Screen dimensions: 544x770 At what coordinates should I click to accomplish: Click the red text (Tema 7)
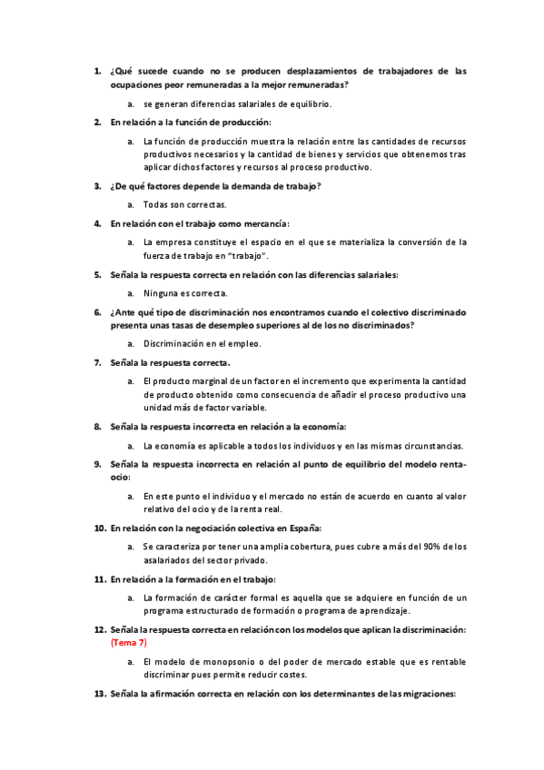click(x=128, y=642)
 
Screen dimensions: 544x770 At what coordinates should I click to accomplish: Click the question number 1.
click(x=97, y=70)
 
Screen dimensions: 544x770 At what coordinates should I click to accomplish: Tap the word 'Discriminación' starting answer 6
click(x=176, y=343)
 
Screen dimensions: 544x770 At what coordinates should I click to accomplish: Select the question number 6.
click(x=97, y=311)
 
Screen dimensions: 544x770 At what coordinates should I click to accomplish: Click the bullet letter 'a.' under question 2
click(x=132, y=142)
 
